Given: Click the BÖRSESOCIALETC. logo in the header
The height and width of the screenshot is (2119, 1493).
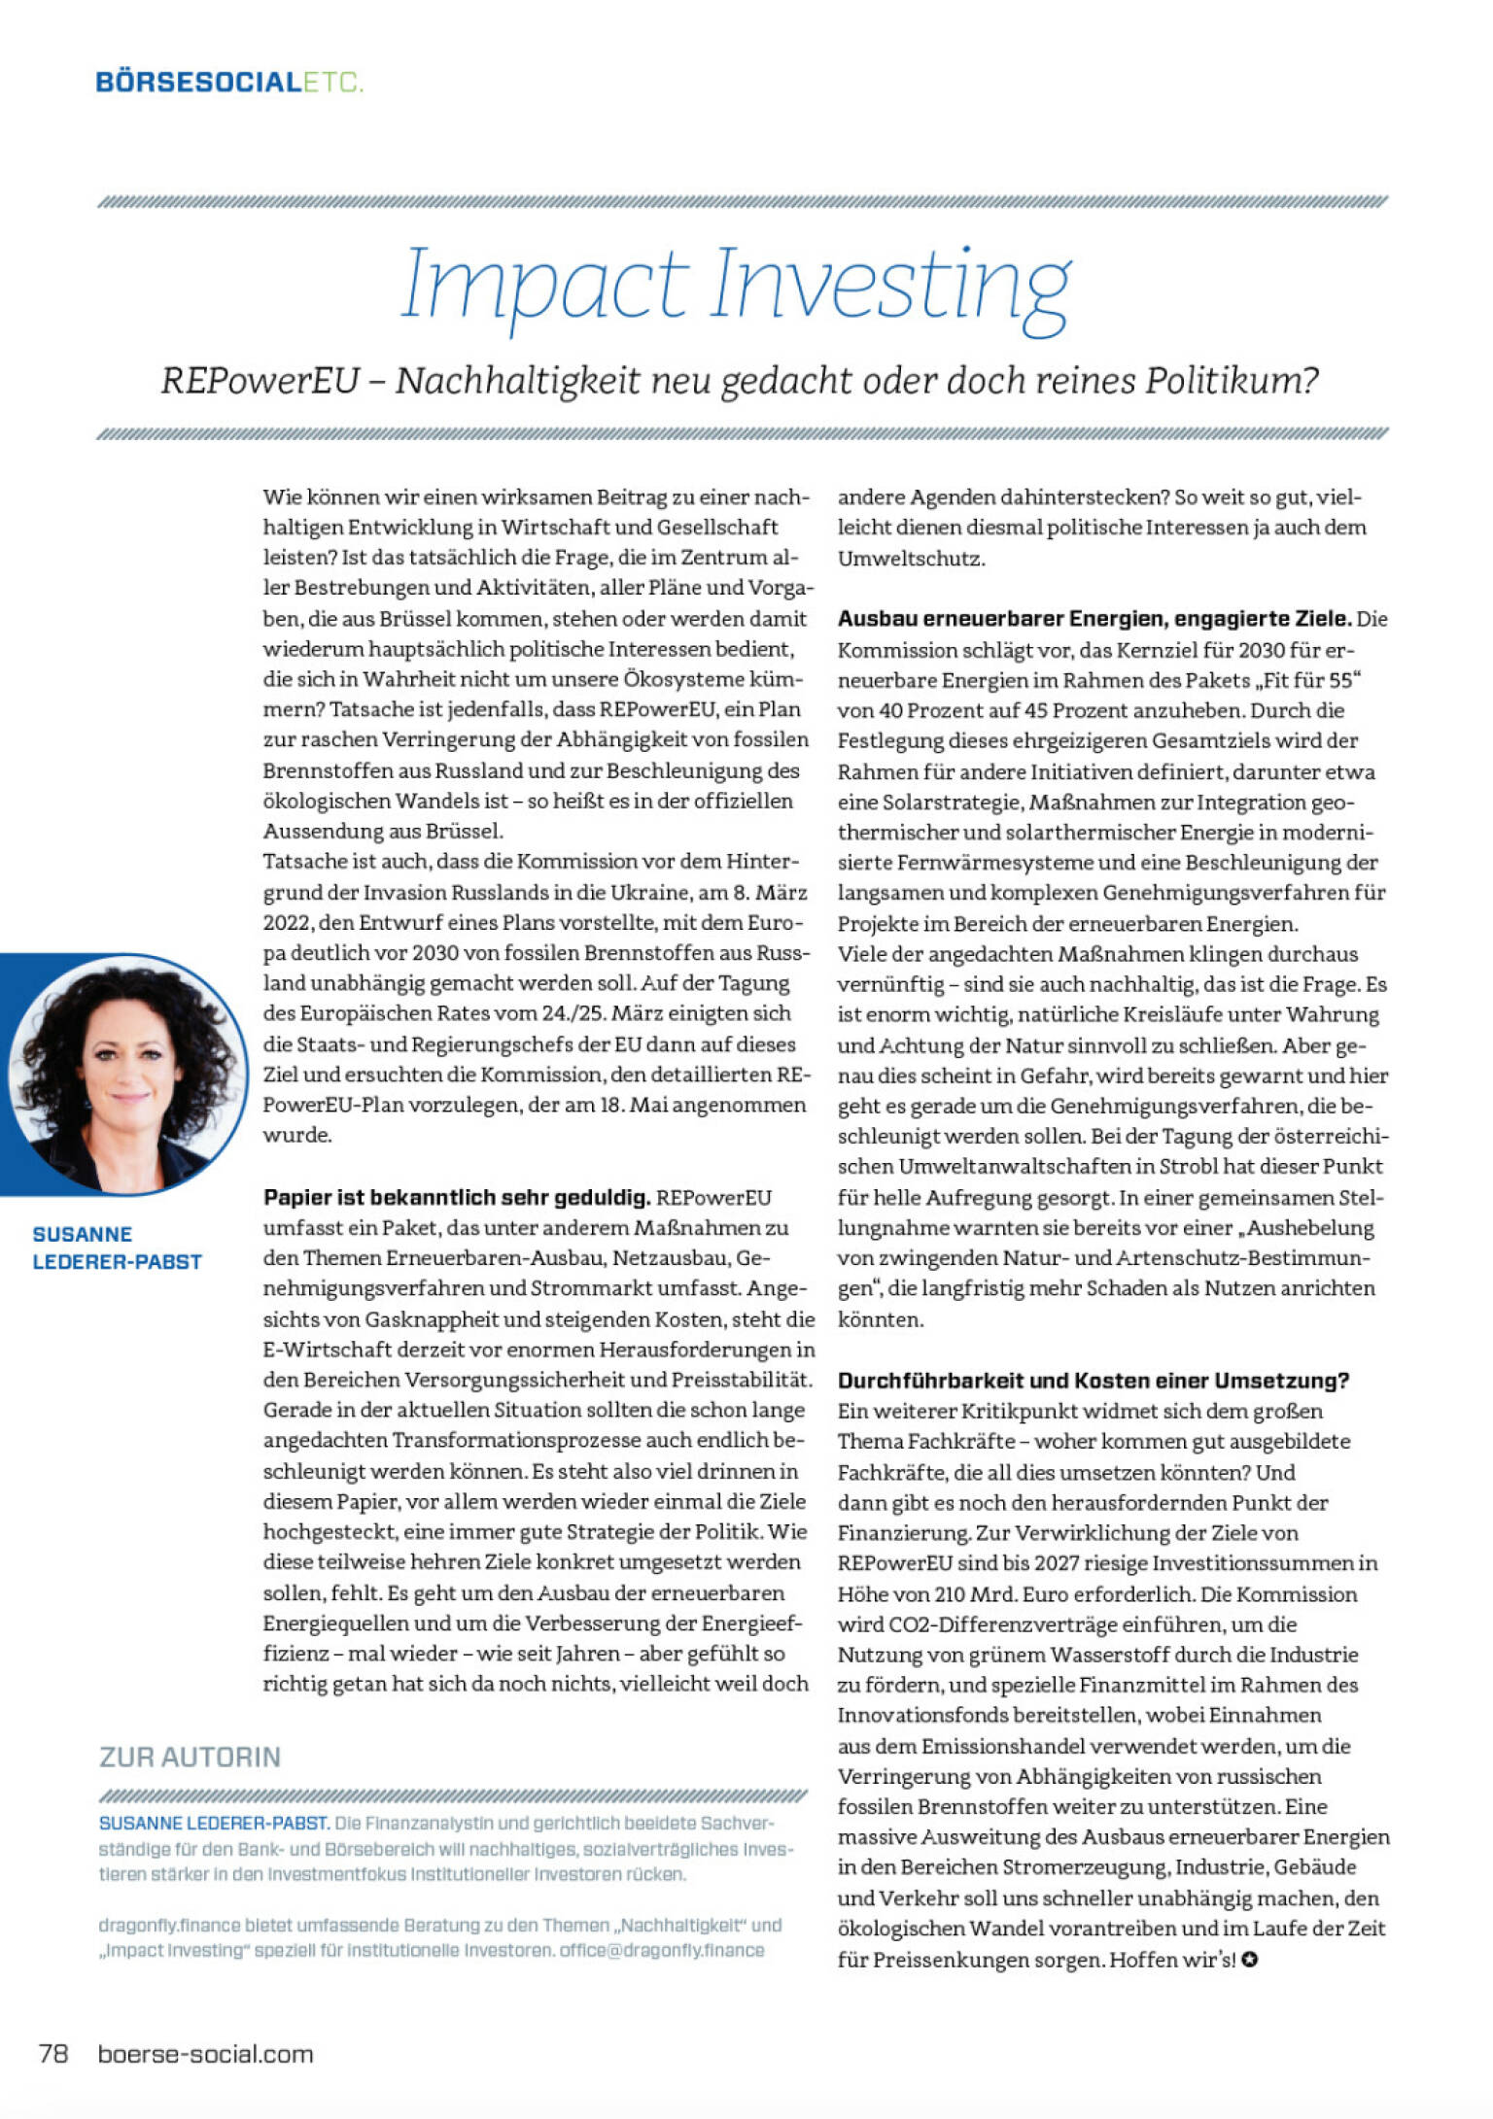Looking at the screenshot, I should (229, 82).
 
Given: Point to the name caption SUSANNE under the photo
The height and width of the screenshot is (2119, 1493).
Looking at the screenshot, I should (83, 1235).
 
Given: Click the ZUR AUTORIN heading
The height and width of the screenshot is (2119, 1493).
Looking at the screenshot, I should (190, 1757).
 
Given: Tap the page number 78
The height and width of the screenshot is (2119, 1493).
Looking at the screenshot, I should (53, 2053).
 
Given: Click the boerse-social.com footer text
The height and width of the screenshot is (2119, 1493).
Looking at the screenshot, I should (205, 2053).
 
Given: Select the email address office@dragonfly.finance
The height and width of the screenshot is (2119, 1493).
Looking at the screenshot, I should (661, 1950).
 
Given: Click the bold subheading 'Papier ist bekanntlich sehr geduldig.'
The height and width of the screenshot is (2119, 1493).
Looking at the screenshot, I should (457, 1197).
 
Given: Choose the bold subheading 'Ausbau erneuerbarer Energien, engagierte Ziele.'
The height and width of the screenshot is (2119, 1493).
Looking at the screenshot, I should (1094, 619).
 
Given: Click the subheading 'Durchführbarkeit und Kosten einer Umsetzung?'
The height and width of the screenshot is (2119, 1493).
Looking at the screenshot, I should (1094, 1381).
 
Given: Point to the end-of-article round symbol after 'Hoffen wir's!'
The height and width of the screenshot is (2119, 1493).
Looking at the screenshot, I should (1250, 1960).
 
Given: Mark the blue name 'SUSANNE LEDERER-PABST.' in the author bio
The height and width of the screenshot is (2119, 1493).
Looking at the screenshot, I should (214, 1823).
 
